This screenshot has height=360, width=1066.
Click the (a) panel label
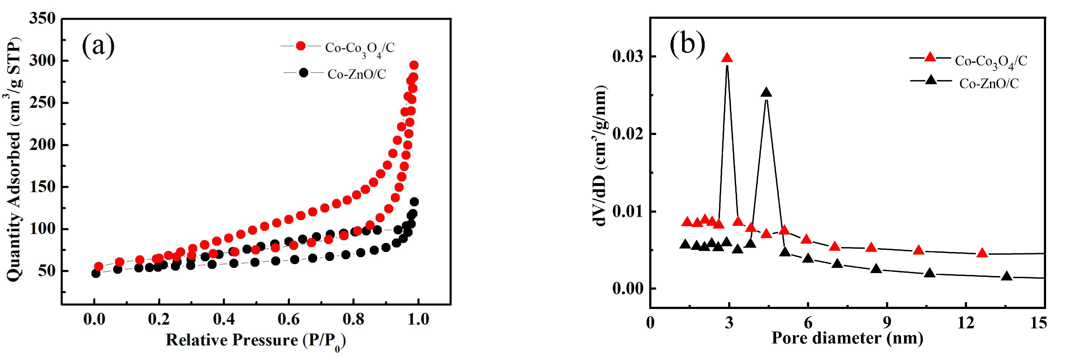point(98,46)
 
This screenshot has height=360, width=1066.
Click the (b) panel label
point(687,43)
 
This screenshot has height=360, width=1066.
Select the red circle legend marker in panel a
point(301,46)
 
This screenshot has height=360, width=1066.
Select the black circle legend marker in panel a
point(304,73)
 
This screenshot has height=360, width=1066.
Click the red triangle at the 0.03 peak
point(727,58)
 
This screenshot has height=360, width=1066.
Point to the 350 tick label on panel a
point(42,19)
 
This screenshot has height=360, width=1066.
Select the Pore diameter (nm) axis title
point(847,338)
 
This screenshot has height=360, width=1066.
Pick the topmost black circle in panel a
point(414,202)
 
